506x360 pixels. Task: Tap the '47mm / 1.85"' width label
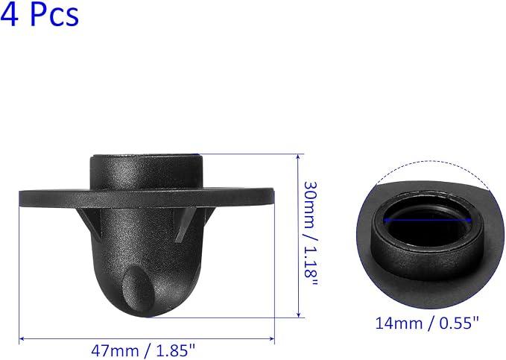pos(143,350)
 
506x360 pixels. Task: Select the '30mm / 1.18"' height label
pos(311,233)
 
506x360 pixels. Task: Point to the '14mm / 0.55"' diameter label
pos(427,323)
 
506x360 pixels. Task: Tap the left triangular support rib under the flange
pos(89,224)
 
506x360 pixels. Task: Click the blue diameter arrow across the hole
pos(428,221)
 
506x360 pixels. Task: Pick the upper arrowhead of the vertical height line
pos(299,157)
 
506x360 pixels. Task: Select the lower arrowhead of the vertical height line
pos(299,314)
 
